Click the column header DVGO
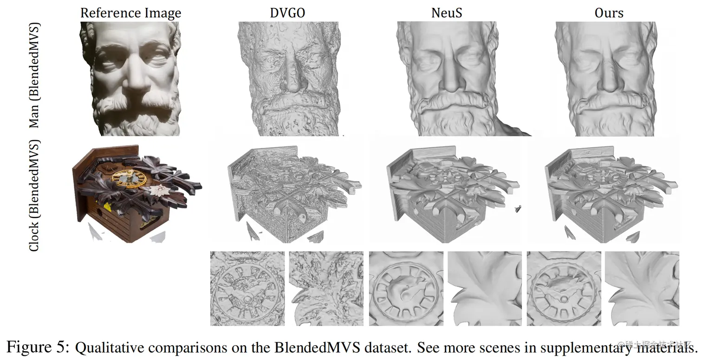tap(287, 13)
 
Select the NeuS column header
tap(446, 13)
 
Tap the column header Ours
tap(609, 13)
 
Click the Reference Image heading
tap(130, 13)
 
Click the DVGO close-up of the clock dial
tap(247, 288)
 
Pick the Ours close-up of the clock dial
tap(564, 288)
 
